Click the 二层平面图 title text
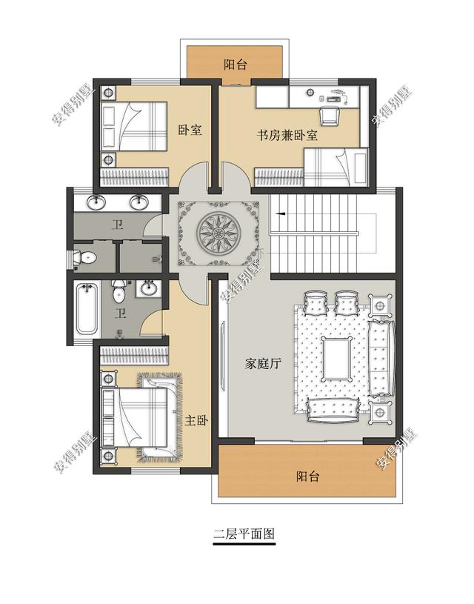[244, 534]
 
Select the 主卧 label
[198, 420]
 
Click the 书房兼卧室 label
[287, 136]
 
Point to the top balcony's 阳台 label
[236, 64]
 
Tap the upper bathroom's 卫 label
[116, 225]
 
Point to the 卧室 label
[190, 130]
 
